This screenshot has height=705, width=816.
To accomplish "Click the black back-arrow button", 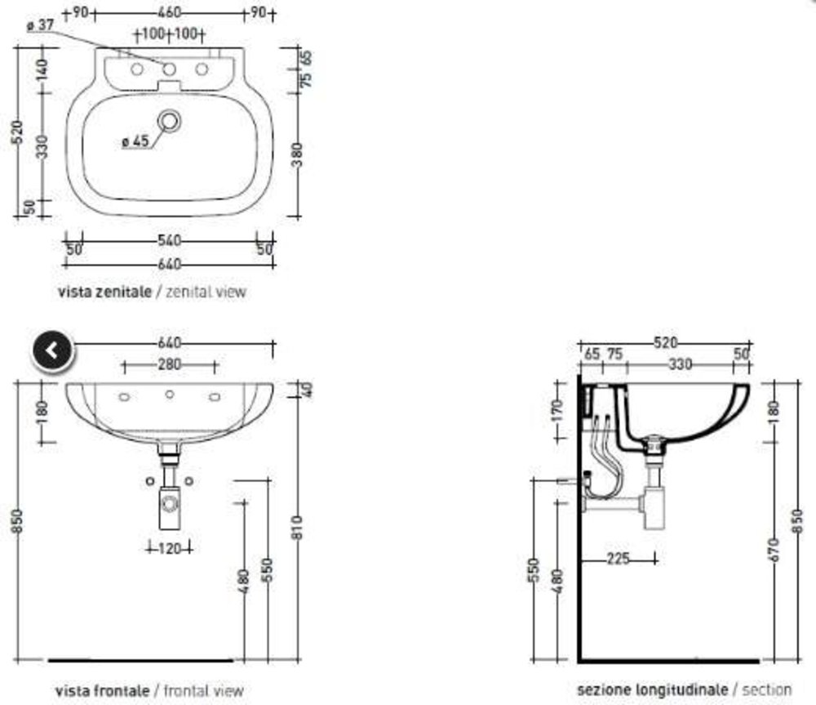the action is click(52, 350).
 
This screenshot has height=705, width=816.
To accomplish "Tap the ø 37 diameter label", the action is click(41, 25).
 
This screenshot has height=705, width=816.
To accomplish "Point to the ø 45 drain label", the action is click(135, 141).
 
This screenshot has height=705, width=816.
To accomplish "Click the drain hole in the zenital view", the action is click(169, 121).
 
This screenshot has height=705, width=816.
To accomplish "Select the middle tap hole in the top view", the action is click(169, 69).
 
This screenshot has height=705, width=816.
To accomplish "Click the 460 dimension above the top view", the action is click(169, 12).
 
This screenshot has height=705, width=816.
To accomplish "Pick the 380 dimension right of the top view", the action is click(297, 154).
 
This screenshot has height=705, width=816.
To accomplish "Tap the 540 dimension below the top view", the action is click(169, 241).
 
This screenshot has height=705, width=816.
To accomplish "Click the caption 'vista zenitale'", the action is click(104, 292).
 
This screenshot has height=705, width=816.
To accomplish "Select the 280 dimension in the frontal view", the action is click(170, 364).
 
